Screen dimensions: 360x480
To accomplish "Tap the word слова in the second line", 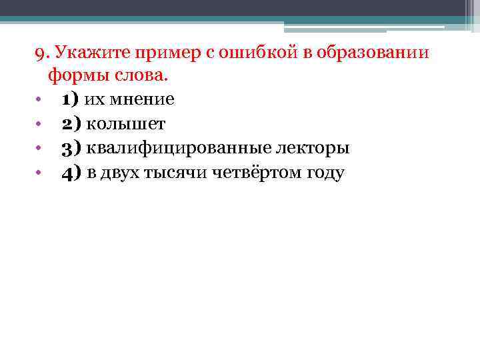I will coord(137,76).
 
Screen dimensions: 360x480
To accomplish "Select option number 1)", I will coord(70,100).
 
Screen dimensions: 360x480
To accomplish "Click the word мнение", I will coord(143,100).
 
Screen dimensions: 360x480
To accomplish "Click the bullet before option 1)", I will coord(39,101).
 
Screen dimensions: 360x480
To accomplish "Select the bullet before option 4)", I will coord(39,174).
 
